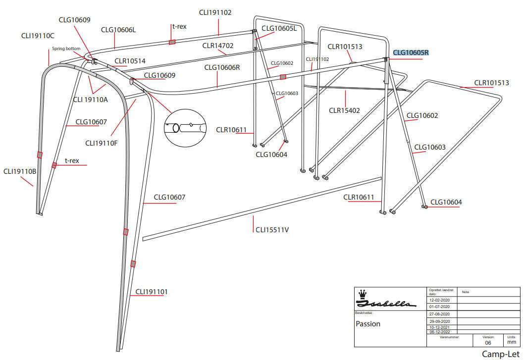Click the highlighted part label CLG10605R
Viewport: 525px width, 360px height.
[411, 53]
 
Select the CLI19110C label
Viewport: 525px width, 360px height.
[38, 36]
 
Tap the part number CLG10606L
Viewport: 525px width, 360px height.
[118, 30]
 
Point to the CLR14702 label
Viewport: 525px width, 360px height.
[218, 46]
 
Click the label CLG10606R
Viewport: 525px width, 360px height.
[222, 68]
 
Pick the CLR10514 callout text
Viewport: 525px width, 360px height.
[130, 61]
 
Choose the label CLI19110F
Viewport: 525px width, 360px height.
[102, 143]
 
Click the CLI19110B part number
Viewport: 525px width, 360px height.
[20, 172]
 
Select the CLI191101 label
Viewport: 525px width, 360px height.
[152, 292]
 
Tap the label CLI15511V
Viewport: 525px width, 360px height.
[272, 230]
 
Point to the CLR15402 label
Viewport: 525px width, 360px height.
[346, 110]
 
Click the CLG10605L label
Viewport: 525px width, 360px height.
[279, 28]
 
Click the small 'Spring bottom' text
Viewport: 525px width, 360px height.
[66, 49]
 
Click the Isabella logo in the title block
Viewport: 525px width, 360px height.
[386, 300]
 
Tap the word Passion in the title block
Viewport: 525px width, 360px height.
[368, 324]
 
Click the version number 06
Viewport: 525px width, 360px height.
[488, 343]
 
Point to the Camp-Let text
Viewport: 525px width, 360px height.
[500, 354]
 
